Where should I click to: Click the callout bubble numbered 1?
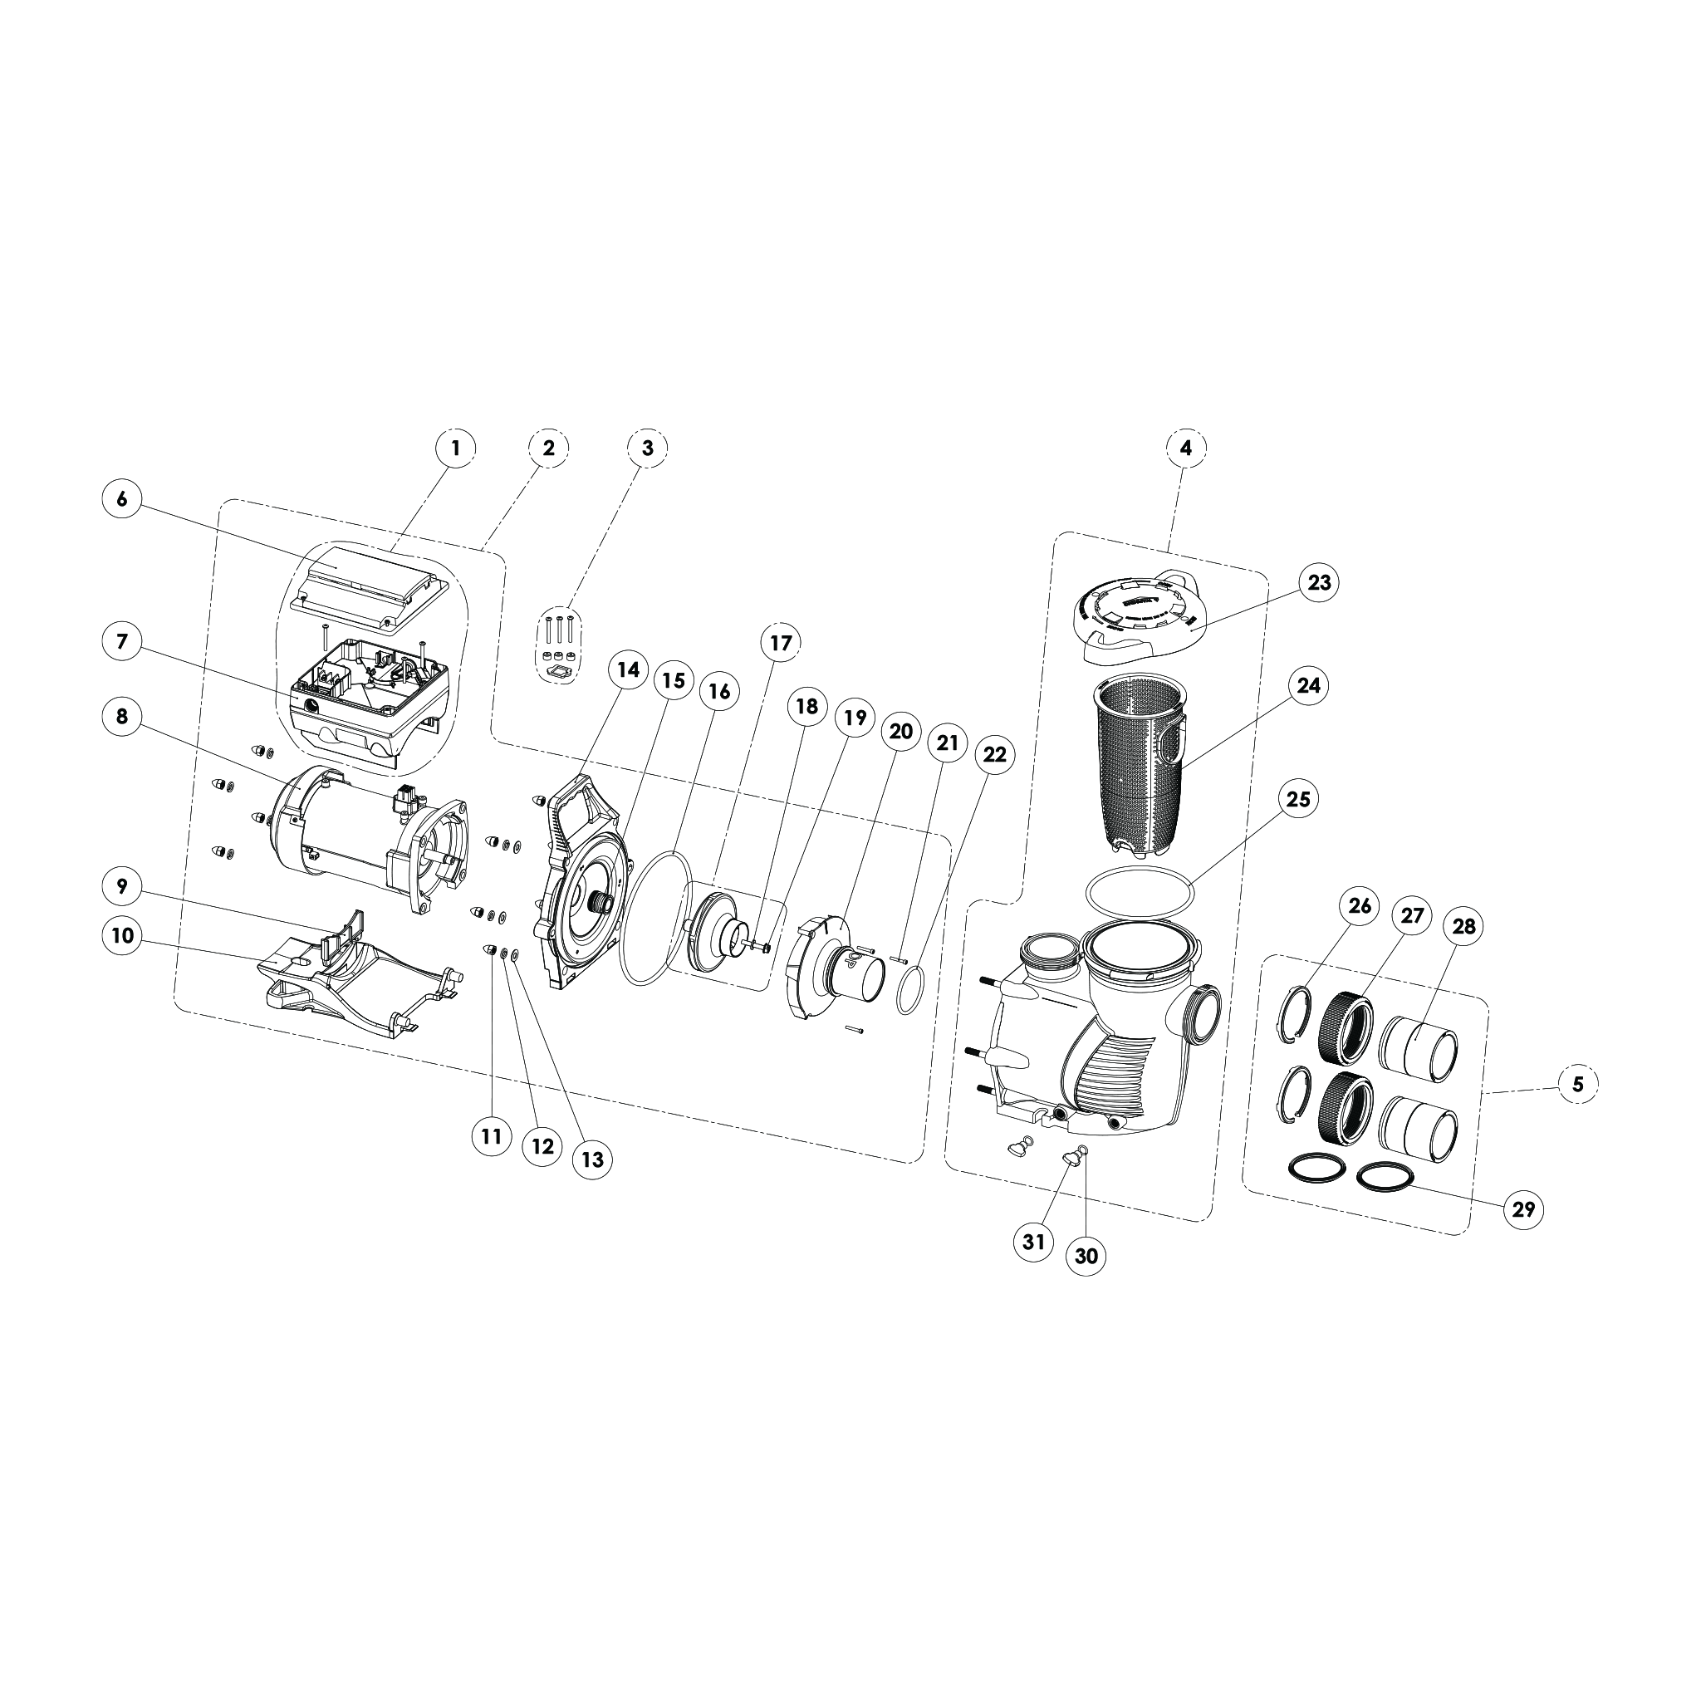[455, 449]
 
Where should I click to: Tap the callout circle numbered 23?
[1319, 583]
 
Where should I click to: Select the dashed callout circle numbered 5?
[1577, 1085]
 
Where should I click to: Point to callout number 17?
[781, 644]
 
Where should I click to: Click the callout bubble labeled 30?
[1086, 1257]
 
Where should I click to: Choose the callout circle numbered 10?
[122, 935]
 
